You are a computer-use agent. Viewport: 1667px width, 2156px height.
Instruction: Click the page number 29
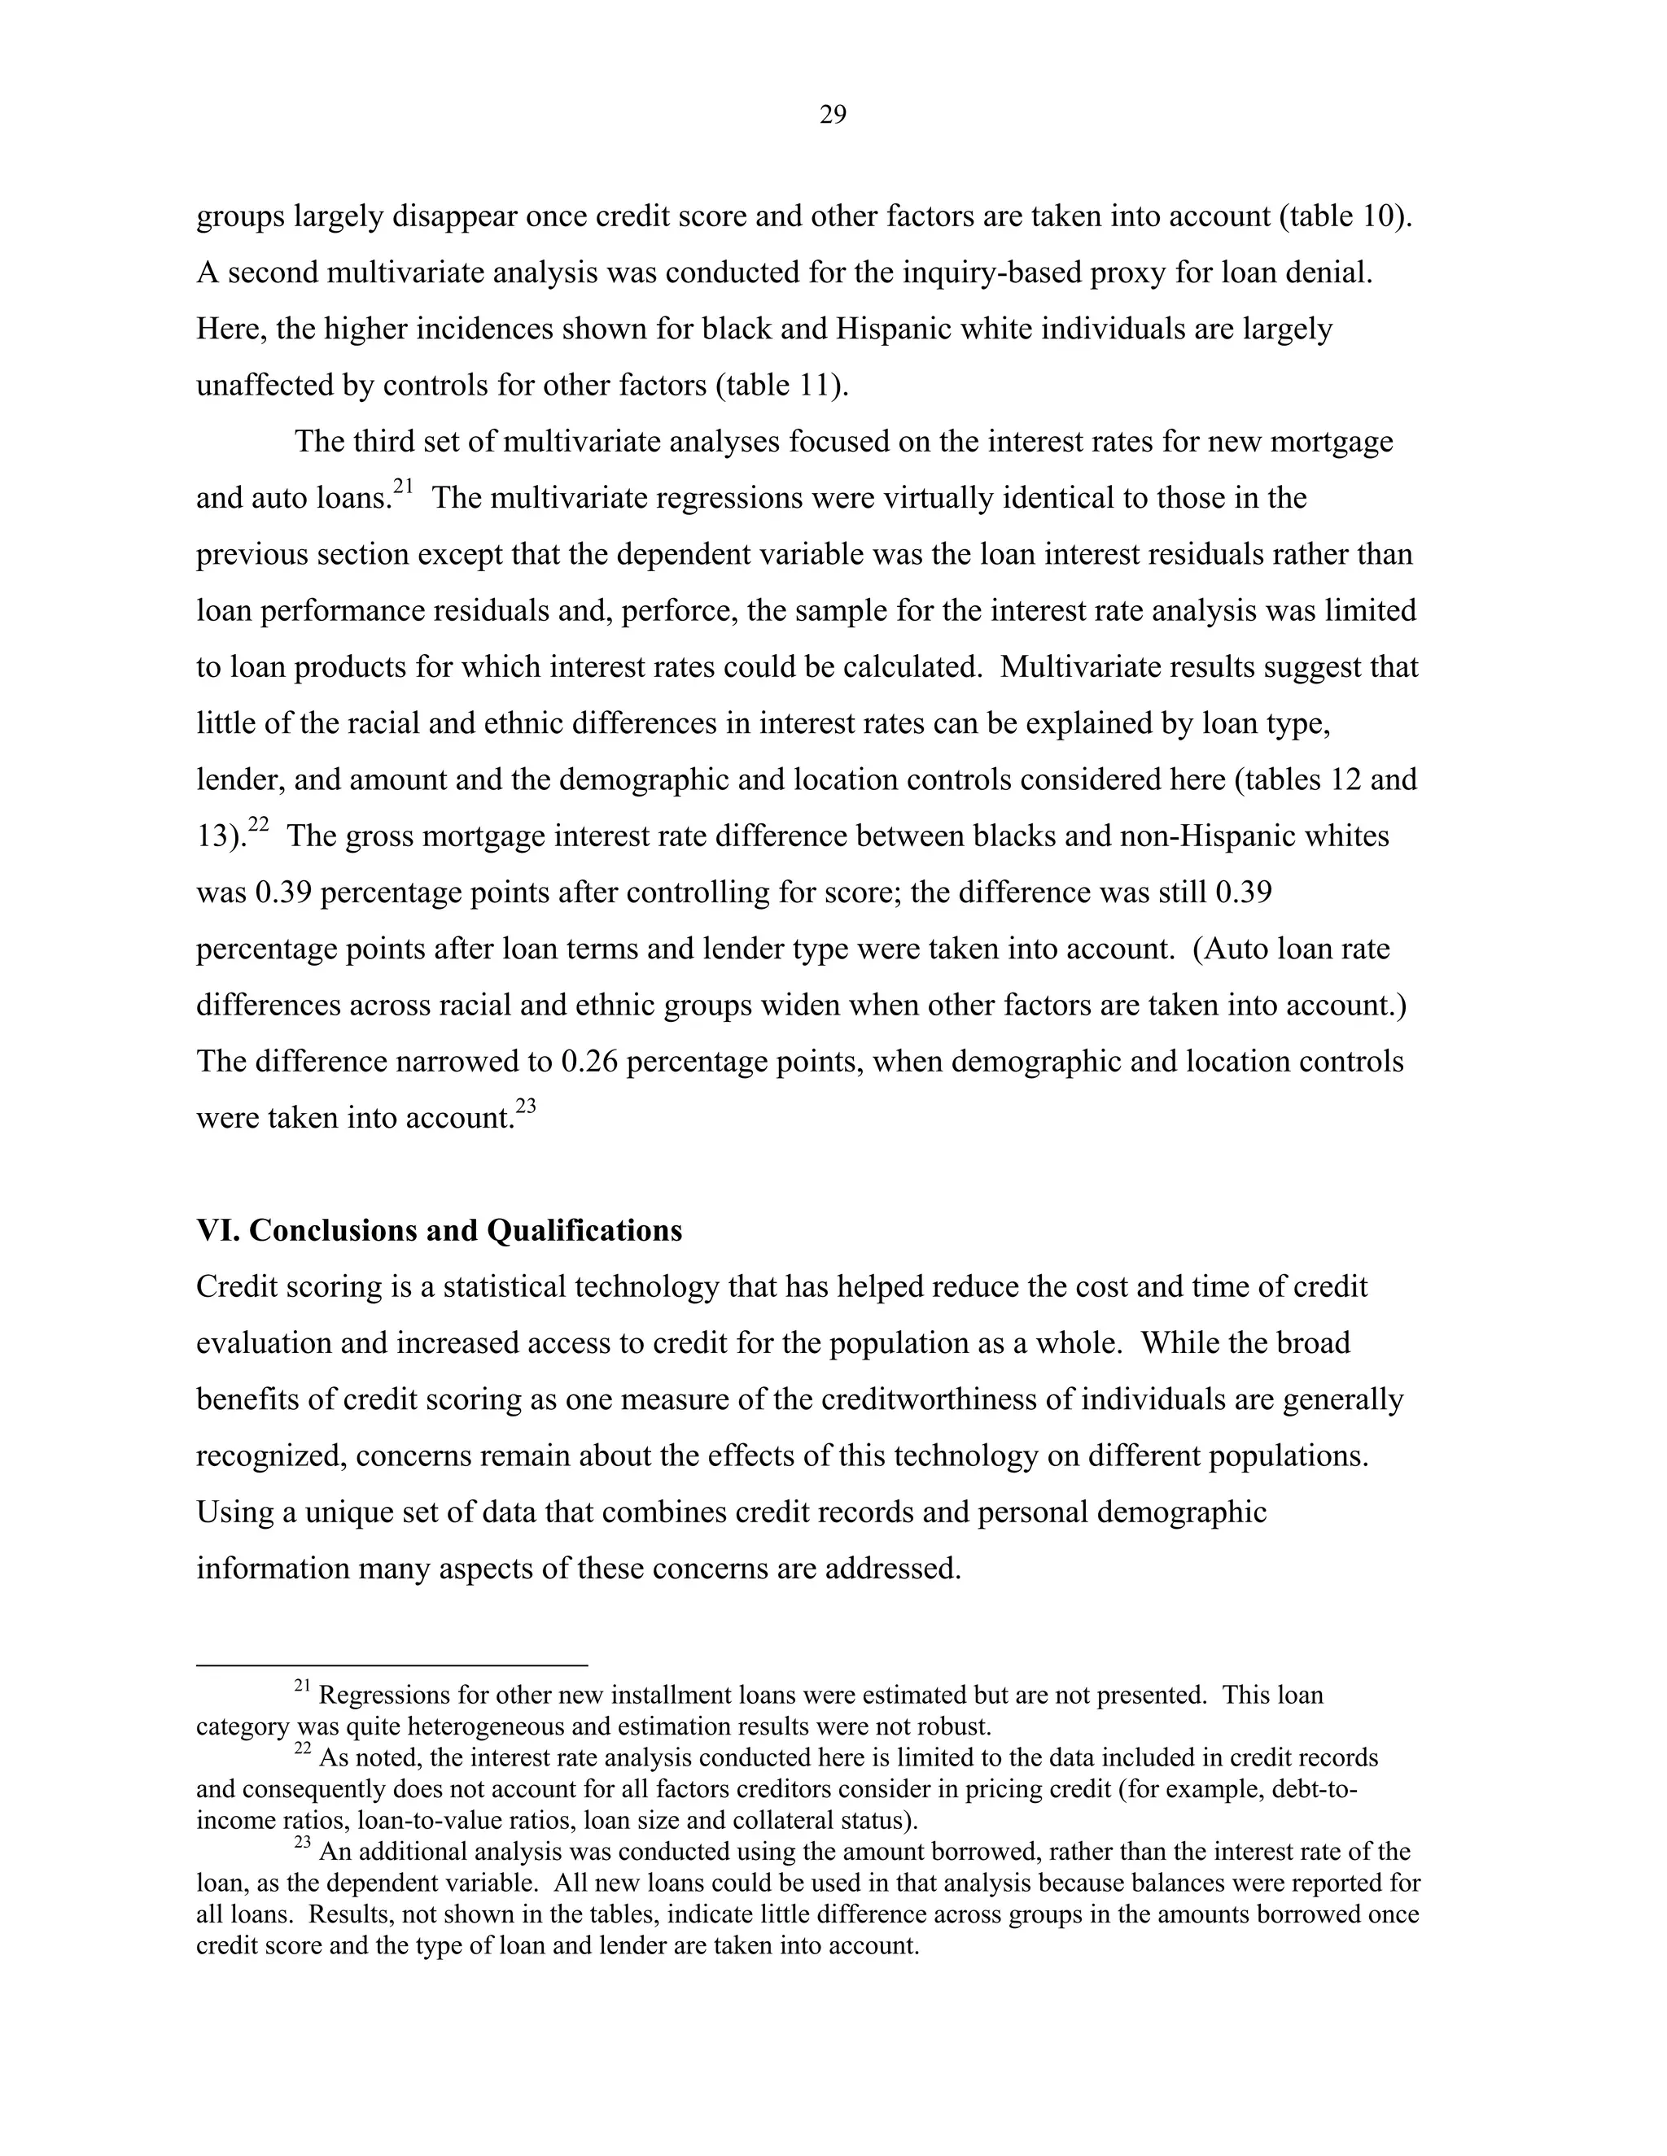click(x=833, y=116)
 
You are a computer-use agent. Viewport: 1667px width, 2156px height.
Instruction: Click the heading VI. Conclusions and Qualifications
click(x=440, y=1231)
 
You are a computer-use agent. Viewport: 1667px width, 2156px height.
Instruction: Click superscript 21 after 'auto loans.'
click(x=403, y=487)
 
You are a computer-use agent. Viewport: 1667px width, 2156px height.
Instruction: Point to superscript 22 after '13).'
click(x=258, y=825)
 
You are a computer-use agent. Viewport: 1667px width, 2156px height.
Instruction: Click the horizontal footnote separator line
click(x=392, y=1665)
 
